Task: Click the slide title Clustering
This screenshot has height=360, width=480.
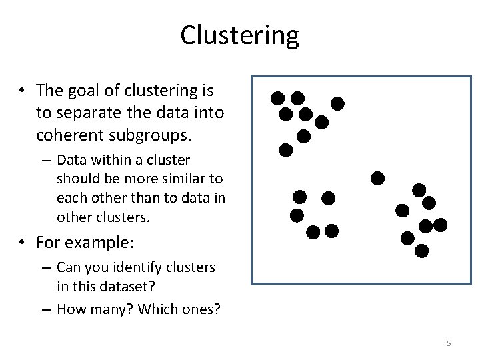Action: tap(239, 35)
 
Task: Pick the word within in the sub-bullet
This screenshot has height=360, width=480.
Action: tap(107, 161)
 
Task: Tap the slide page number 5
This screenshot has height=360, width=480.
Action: tap(449, 343)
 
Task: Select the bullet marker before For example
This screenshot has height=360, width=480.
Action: tap(22, 241)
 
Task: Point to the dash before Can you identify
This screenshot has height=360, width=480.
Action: tap(47, 268)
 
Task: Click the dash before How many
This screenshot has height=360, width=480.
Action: tap(47, 310)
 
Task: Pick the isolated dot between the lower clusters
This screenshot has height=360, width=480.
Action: tap(377, 178)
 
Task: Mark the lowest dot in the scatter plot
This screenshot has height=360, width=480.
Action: tap(421, 251)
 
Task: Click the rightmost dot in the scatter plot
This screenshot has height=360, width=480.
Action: tap(440, 225)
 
